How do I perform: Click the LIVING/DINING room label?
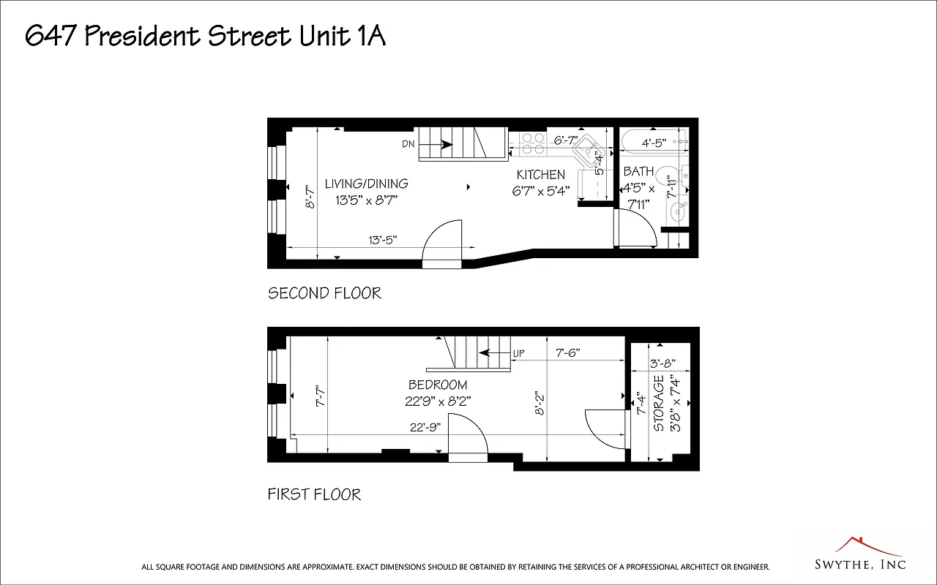tap(366, 184)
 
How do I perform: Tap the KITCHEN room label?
tap(541, 175)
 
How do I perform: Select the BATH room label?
tap(638, 171)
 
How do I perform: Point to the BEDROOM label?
tap(438, 385)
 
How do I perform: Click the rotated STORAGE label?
tap(659, 404)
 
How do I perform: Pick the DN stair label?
tap(408, 144)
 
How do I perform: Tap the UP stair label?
tap(518, 353)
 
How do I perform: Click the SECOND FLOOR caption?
tap(324, 293)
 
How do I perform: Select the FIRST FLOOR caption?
tap(314, 495)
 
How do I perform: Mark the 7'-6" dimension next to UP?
tap(567, 352)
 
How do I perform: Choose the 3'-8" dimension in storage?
tap(662, 363)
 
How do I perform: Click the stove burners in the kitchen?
tap(532, 143)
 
